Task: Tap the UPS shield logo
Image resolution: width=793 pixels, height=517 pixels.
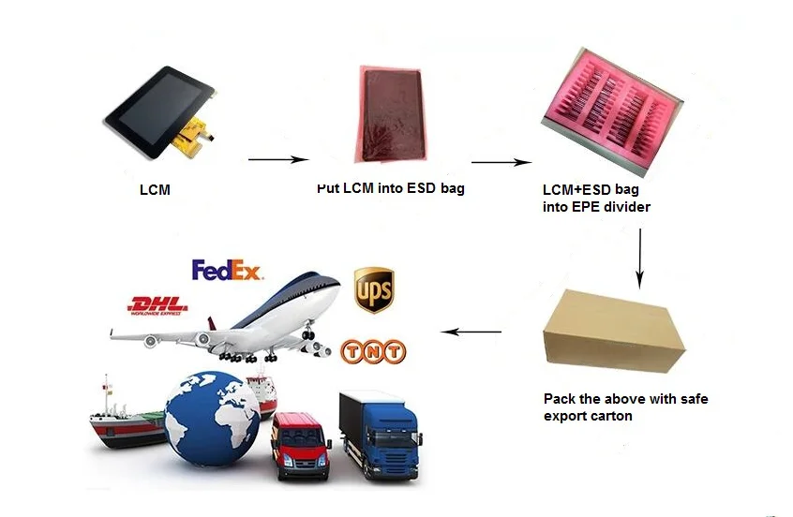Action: click(373, 290)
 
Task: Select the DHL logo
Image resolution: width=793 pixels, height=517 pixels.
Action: click(157, 304)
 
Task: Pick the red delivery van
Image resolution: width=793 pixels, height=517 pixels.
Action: click(300, 444)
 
